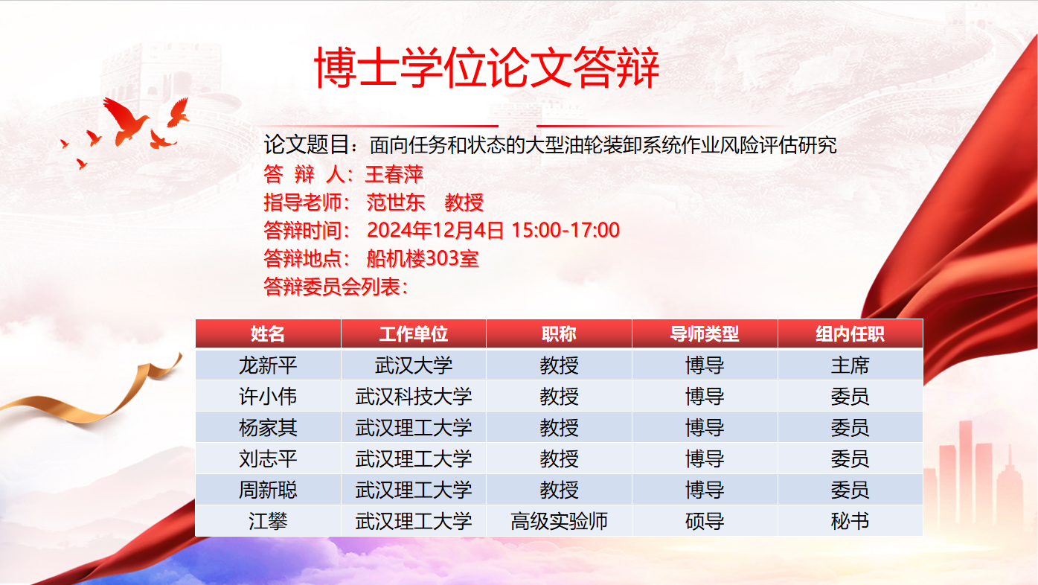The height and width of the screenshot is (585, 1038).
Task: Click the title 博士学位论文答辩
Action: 487,67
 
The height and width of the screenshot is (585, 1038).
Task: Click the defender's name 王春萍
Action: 394,175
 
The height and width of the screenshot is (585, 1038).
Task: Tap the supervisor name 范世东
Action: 396,202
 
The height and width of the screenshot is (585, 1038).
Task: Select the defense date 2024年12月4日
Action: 435,230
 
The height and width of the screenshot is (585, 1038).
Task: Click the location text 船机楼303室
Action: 423,258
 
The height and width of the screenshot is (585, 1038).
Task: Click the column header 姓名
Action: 268,333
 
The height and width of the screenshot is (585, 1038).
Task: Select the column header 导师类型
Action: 705,333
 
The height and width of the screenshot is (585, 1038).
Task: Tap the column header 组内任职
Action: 850,333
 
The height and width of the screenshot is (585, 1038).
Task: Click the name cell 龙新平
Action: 268,365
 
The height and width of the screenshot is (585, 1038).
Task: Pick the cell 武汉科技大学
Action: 414,397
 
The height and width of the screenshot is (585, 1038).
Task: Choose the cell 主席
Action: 850,365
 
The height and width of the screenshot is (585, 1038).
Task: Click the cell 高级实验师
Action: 559,521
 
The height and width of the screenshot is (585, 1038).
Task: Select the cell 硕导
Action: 705,521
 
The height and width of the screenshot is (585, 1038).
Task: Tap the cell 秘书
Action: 850,521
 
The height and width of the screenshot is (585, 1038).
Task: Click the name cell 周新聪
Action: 268,490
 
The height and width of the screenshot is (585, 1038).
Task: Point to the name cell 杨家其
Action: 268,427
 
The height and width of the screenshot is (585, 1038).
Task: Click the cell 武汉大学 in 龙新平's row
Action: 414,365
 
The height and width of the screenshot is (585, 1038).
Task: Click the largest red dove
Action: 125,121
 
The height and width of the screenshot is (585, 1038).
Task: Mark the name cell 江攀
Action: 268,521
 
